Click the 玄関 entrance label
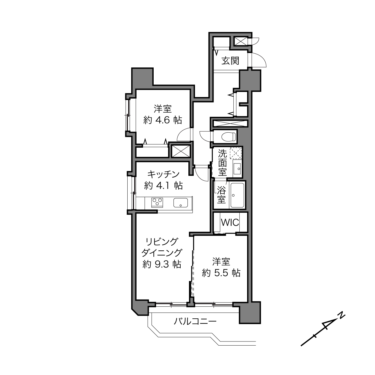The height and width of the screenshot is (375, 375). point(230,61)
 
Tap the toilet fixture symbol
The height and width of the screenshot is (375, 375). point(229,136)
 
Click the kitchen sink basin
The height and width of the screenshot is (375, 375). point(181,202)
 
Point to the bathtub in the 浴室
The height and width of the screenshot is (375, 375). point(237,195)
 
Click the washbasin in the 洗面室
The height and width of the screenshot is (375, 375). point(237,169)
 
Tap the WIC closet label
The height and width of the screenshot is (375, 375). point(230,223)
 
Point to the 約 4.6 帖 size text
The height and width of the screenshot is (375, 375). point(163,120)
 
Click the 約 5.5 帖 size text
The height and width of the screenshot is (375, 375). point(221,273)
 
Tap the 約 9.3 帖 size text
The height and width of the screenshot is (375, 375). point(162,264)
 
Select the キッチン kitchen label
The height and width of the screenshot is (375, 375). point(163,174)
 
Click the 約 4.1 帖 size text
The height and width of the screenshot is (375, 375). point(163,186)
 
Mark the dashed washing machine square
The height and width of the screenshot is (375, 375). point(236,153)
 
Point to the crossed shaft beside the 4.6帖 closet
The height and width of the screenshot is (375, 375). point(181,151)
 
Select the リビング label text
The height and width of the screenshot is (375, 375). point(162,242)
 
